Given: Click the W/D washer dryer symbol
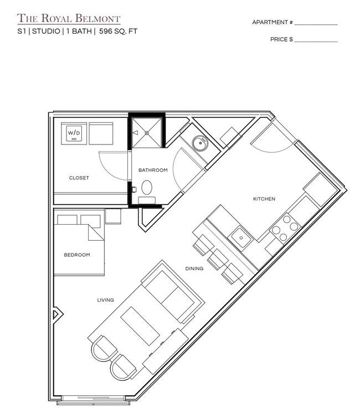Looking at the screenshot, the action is pos(74,133).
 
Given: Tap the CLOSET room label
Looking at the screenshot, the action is pos(79,178).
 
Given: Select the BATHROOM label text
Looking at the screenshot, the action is pos(153,170).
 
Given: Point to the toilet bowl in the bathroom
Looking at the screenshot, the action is pos(147,187).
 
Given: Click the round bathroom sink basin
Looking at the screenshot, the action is pos(200,143).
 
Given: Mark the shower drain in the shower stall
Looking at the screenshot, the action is pos(147,133).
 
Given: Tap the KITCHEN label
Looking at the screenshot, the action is pos(264,199).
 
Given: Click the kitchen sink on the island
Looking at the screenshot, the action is pos(241,237).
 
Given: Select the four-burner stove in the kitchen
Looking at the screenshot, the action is pos(285,228).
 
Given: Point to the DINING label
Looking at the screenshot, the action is pos(194,268).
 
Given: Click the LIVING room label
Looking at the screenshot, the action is pos(105,300).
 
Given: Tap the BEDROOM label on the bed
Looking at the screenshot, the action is pos(77,255).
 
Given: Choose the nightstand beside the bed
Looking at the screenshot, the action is pos(113,216).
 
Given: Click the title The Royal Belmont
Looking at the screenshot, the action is pos(69,18).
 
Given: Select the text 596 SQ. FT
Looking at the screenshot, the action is pos(118,31).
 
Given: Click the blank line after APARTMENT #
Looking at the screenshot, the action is pos(316,24).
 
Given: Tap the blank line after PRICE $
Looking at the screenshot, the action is pos(316,42).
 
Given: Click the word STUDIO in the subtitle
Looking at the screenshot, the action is pos(46,31).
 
